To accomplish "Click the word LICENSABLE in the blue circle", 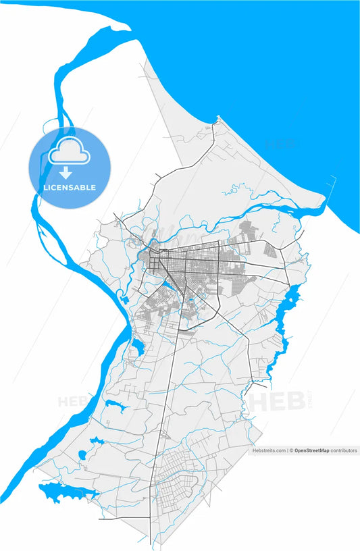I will click(x=70, y=187).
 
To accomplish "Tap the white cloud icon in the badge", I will click(x=69, y=154).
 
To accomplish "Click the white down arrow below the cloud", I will click(x=66, y=174).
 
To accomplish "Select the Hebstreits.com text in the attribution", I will click(x=269, y=450).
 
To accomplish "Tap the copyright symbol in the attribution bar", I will click(x=291, y=450).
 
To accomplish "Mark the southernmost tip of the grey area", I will click(x=149, y=544).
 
